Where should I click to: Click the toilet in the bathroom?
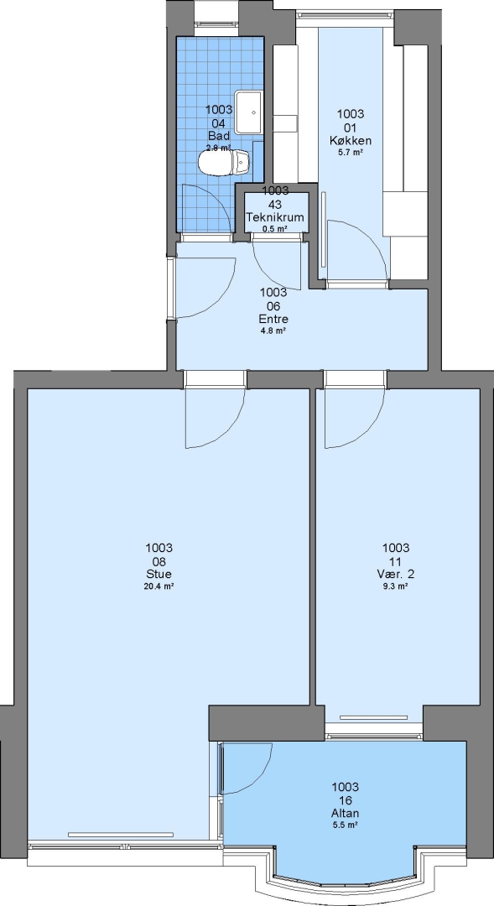[x=225, y=162]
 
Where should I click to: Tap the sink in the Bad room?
[x=248, y=112]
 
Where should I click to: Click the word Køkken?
[x=350, y=140]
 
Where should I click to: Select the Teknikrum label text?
[x=275, y=217]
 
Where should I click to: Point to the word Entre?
[x=273, y=319]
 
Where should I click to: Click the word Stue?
[x=159, y=575]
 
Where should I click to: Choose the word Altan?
[x=345, y=814]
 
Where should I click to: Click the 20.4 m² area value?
[x=159, y=586]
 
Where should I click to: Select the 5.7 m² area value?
[x=350, y=153]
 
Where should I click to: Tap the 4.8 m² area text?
[x=273, y=331]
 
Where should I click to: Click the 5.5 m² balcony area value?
[x=345, y=825]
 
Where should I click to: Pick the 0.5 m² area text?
[x=275, y=229]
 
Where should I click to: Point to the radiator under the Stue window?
[x=120, y=835]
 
